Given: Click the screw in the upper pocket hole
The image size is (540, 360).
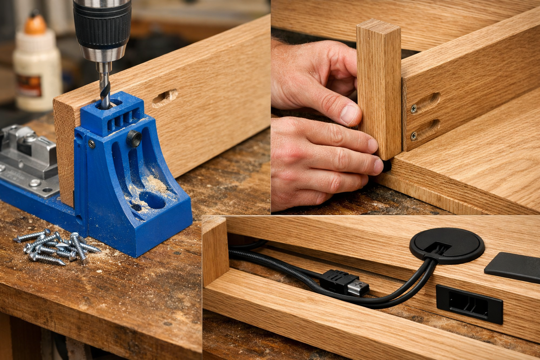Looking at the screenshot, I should (x=413, y=109).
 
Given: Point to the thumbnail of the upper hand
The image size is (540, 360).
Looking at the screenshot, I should (x=349, y=114).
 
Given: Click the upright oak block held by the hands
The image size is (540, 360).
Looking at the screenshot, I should (x=379, y=88).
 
